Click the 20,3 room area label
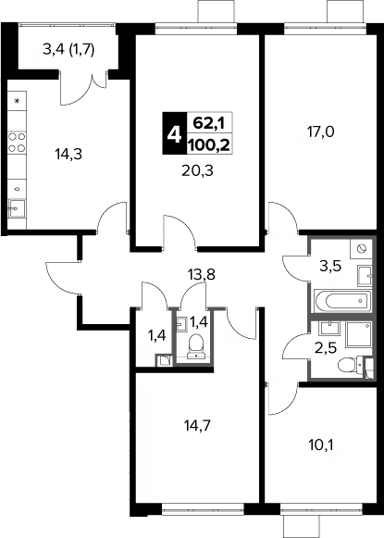pos(197,170)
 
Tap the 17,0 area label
pos(320,131)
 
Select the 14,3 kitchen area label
pos(68,155)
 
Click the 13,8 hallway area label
pos(202,274)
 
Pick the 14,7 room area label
pos(197,426)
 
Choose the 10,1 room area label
pos(320,445)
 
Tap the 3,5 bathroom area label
pos(330,266)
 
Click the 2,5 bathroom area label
pos(326,348)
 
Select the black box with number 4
pos(175,133)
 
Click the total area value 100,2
pos(209,144)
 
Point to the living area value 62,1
pos(209,122)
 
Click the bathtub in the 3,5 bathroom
pos(342,301)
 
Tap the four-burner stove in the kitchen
pos(17,142)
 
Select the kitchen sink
pos(17,208)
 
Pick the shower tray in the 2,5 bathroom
pos(359,334)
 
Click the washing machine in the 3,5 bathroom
pos(361,248)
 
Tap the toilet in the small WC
pos(196,345)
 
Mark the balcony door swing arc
pos(78,96)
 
